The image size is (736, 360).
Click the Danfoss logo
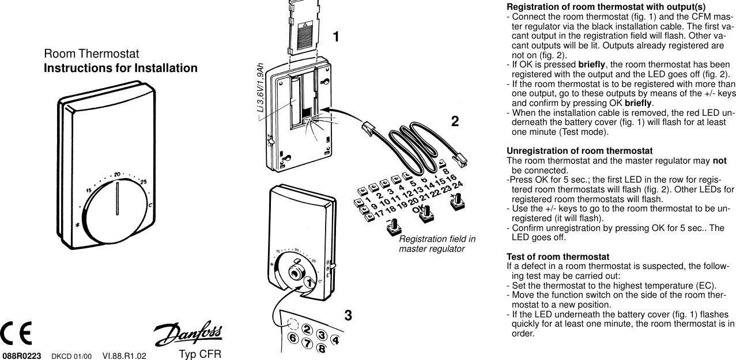188,332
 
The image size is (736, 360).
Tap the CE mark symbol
16,333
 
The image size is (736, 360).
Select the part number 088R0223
22,356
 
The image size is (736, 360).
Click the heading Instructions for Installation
120,68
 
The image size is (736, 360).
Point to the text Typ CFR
200,354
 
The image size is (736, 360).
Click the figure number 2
455,122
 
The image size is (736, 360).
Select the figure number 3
348,315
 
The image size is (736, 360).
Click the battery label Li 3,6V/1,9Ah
261,88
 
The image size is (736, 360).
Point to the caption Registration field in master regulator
437,244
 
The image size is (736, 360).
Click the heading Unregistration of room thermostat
579,151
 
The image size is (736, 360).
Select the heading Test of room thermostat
557,256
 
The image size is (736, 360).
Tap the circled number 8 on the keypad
322,348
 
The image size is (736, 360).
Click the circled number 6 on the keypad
293,338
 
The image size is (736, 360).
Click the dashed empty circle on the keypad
292,324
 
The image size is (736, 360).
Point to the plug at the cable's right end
460,159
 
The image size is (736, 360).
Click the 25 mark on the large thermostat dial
144,182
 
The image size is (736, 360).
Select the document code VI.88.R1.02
124,356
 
